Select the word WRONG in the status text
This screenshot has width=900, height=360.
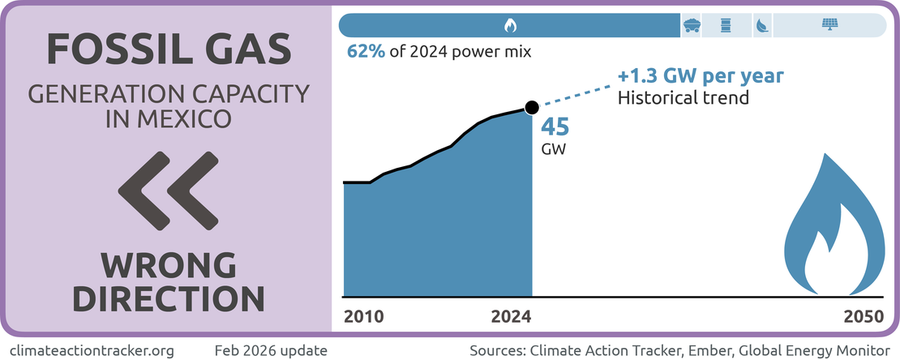pyautogui.click(x=168, y=266)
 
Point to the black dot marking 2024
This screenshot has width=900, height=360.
pyautogui.click(x=532, y=107)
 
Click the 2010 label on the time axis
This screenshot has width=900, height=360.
pyautogui.click(x=363, y=316)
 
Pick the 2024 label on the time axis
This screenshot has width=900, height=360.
pyautogui.click(x=512, y=316)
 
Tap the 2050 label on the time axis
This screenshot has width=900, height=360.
pyautogui.click(x=863, y=316)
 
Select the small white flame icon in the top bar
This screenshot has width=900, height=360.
pyautogui.click(x=509, y=25)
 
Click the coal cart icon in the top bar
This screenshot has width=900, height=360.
pyautogui.click(x=692, y=25)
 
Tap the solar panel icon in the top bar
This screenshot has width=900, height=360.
pyautogui.click(x=830, y=25)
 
